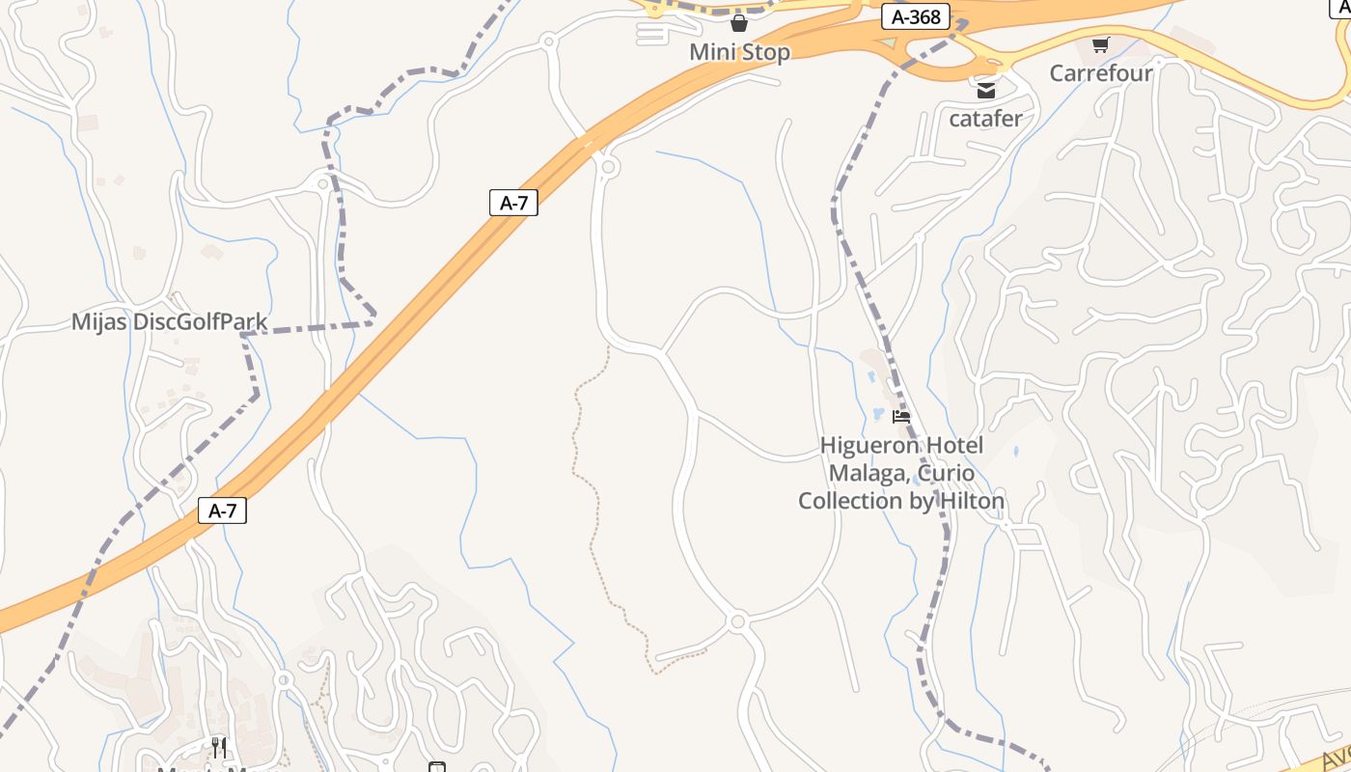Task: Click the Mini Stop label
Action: (x=739, y=52)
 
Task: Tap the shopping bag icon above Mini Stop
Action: (x=739, y=23)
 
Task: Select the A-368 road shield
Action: (x=916, y=17)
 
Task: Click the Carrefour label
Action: (x=1101, y=73)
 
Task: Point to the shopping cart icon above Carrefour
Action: (x=1100, y=44)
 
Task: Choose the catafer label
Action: (x=985, y=119)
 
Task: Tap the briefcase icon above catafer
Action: (x=985, y=91)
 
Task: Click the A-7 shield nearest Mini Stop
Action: (x=513, y=203)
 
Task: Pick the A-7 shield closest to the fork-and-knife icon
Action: (x=223, y=510)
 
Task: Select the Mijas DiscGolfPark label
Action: (x=169, y=322)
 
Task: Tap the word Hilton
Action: (x=970, y=501)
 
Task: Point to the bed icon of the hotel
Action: (x=901, y=417)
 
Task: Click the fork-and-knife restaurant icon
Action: (x=219, y=747)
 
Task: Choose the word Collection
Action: (x=850, y=501)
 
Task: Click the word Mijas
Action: (x=99, y=322)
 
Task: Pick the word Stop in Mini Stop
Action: (x=765, y=52)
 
